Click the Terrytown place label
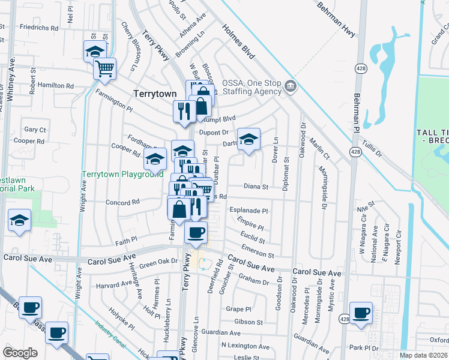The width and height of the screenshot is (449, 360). point(155,94)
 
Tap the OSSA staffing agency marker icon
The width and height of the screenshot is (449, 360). point(291,85)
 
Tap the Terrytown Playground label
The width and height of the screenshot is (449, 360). point(122,174)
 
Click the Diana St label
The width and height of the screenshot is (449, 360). point(256,187)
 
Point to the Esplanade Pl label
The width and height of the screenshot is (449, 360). point(249,211)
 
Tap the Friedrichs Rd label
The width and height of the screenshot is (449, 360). point(39,27)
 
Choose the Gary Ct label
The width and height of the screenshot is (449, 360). point(35,130)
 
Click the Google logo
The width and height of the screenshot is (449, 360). point(20,352)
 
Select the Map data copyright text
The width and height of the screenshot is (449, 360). point(424,355)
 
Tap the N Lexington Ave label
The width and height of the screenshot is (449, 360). point(245,346)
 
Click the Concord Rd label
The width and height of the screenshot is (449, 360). point(122,202)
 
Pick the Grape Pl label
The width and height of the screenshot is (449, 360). point(238,310)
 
